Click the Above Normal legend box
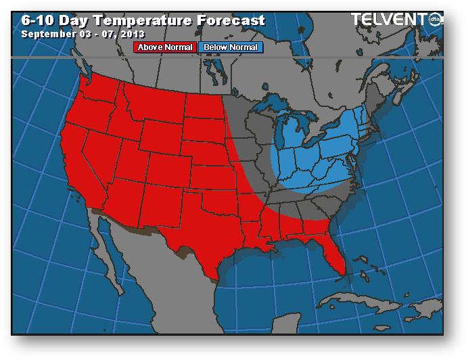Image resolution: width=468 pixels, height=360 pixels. [x=165, y=47]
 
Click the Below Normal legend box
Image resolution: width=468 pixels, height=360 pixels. [x=231, y=47]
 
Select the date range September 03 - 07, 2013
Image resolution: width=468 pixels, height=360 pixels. [x=83, y=33]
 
